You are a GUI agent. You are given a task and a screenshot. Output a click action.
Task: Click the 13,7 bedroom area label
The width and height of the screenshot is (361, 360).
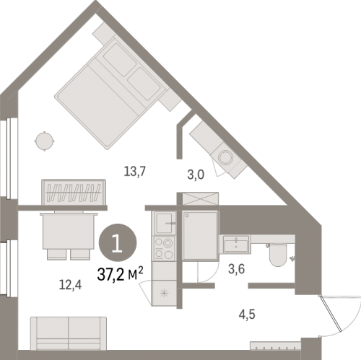(135, 172)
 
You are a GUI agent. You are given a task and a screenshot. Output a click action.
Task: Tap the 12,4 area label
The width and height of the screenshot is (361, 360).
(70, 285)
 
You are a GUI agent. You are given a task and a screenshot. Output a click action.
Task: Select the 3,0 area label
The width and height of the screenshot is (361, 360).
(196, 175)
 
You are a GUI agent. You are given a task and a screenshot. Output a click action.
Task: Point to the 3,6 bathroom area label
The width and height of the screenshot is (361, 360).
(237, 269)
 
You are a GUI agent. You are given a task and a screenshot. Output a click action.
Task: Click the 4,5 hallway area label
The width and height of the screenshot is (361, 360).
(247, 315)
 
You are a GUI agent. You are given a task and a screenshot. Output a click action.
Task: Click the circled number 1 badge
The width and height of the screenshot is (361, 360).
(118, 242)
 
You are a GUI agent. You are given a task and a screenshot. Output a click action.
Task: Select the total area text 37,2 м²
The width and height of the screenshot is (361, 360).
(121, 274)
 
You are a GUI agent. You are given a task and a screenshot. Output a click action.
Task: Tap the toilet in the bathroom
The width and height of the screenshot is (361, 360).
(277, 255)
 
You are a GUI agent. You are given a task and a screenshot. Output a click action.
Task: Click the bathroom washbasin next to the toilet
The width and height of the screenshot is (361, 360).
(236, 244)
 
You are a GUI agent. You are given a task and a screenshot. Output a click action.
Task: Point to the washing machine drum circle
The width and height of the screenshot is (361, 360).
(225, 157)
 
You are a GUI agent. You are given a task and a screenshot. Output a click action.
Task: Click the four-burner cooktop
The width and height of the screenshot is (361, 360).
(165, 248)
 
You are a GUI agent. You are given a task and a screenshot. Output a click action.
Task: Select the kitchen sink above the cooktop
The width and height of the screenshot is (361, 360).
(165, 223)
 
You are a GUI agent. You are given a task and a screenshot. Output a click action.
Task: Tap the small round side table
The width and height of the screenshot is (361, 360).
(45, 141)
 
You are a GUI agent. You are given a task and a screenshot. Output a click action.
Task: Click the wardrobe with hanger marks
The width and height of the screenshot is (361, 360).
(74, 192)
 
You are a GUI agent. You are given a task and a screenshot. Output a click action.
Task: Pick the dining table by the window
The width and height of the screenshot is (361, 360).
(69, 231)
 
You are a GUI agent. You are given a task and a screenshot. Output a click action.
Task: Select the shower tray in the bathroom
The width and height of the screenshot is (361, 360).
(200, 236)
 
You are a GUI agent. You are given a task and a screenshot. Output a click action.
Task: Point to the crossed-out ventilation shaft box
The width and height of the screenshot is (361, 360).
(201, 198)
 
